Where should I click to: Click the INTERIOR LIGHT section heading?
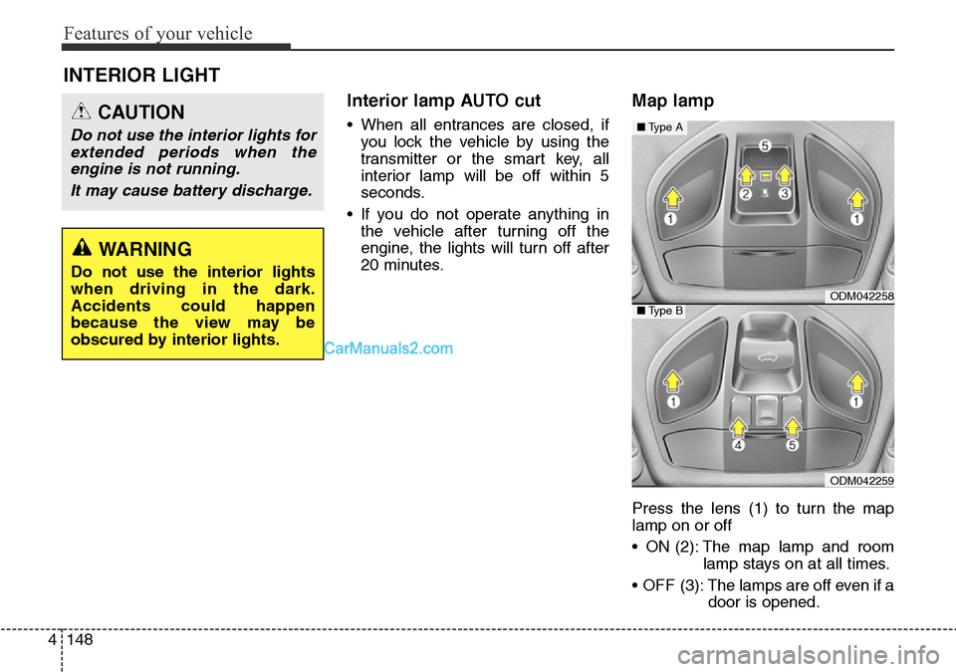coord(141,75)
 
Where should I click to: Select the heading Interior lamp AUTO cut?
coord(443,101)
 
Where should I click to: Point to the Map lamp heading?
coord(672,101)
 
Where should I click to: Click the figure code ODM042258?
coord(860,296)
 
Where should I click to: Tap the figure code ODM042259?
coord(860,481)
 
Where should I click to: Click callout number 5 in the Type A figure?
coord(765,145)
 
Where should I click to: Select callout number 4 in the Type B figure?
coord(740,447)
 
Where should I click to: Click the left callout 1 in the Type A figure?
coord(672,218)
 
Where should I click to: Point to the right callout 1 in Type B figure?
coord(854,401)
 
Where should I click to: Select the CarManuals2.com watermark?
coord(389,348)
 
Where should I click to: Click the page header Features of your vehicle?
coord(158,34)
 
